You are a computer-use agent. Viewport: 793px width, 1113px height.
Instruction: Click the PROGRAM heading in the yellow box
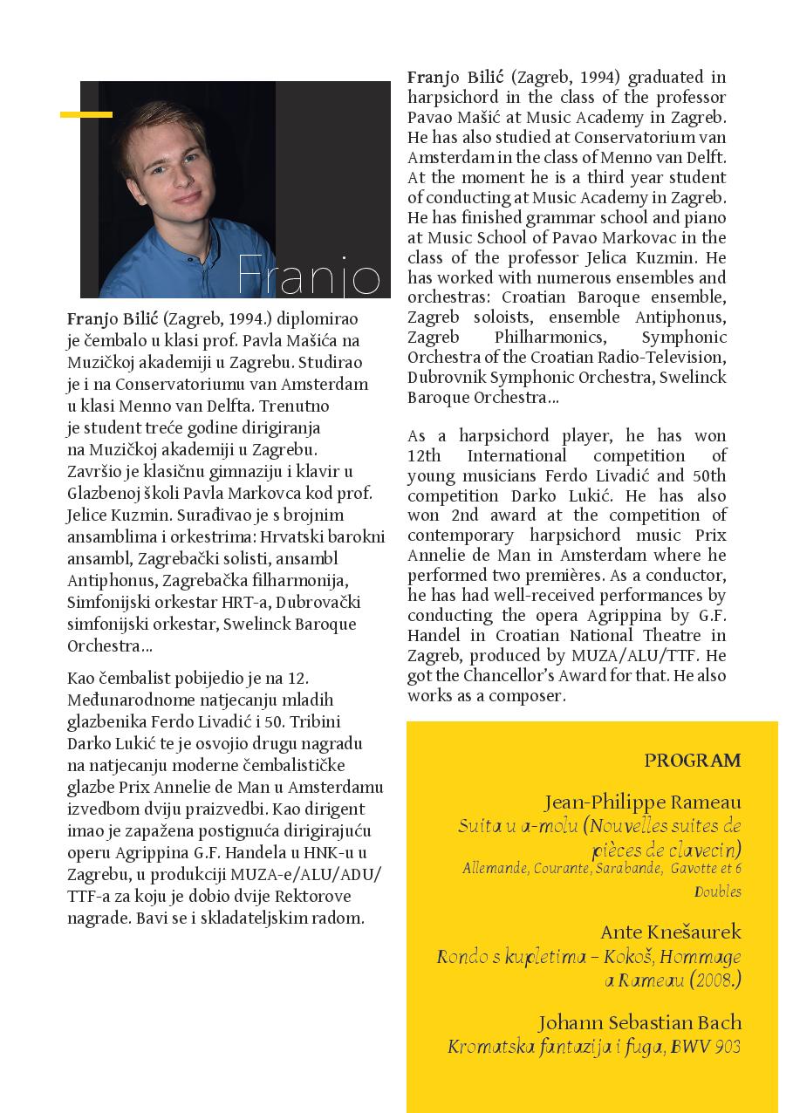click(x=693, y=761)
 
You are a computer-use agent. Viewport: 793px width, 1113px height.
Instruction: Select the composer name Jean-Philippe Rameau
click(x=642, y=802)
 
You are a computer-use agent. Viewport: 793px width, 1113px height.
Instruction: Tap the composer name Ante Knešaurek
click(x=670, y=932)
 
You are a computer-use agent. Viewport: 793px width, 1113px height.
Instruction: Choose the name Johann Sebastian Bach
click(x=639, y=1022)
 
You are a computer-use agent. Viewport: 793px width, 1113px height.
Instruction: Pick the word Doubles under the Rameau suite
click(x=717, y=891)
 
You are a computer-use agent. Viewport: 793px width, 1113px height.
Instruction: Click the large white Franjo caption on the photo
click(x=309, y=277)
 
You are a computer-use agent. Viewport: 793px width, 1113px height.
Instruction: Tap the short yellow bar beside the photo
click(x=86, y=114)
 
